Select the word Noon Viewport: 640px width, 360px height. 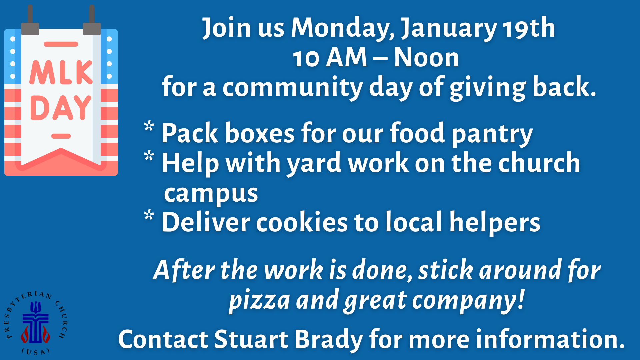point(426,57)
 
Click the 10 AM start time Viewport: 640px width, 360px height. point(330,57)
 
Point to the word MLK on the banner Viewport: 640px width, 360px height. point(61,72)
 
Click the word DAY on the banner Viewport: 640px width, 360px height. point(61,107)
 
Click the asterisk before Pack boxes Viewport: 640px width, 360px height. point(149,127)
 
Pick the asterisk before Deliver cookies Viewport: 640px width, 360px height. point(149,215)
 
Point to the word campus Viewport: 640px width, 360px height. point(211,194)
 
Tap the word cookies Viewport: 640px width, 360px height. point(302,222)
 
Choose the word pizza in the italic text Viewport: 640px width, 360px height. point(259,300)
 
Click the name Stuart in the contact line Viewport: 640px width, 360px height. point(251,339)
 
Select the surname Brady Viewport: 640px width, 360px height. point(329,340)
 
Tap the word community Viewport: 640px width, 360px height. point(292,87)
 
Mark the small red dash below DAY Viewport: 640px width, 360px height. point(61,136)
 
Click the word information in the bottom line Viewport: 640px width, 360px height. point(550,339)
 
